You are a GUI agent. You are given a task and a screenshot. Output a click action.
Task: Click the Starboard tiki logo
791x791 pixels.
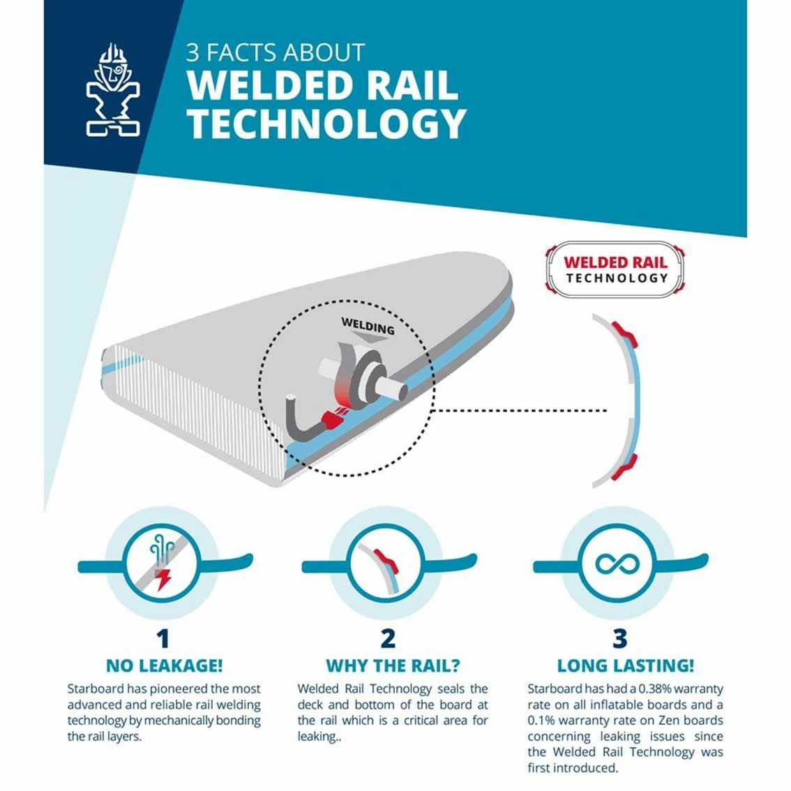pyautogui.click(x=113, y=90)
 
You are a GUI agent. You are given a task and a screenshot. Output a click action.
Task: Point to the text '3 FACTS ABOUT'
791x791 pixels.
pyautogui.click(x=276, y=52)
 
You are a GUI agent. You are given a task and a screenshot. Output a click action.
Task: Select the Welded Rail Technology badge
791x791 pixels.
pyautogui.click(x=615, y=269)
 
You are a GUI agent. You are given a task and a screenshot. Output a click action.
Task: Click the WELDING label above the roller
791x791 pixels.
pyautogui.click(x=368, y=326)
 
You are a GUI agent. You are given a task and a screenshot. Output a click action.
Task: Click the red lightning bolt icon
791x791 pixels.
pyautogui.click(x=163, y=580)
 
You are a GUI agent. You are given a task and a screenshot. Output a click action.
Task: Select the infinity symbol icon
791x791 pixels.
pyautogui.click(x=617, y=564)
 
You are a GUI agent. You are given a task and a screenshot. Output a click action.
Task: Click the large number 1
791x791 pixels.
pyautogui.click(x=163, y=639)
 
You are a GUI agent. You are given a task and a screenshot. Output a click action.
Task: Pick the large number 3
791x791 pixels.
pyautogui.click(x=620, y=639)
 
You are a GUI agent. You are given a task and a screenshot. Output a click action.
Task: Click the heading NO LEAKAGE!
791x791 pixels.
pyautogui.click(x=165, y=665)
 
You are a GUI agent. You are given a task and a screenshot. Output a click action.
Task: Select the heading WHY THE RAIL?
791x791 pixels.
pyautogui.click(x=393, y=666)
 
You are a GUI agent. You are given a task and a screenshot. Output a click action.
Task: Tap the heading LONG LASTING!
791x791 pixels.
pyautogui.click(x=626, y=666)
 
